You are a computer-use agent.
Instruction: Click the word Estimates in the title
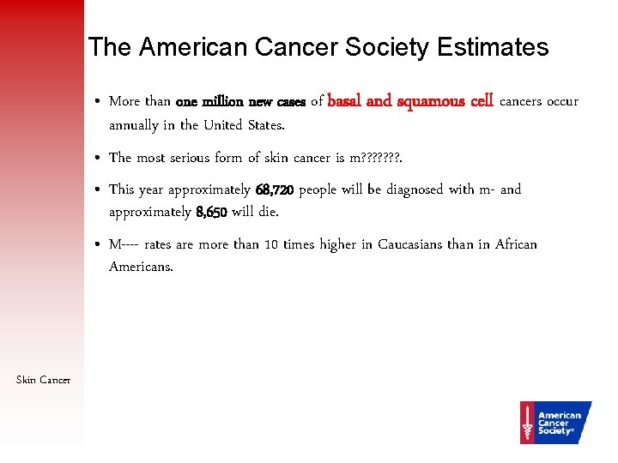[x=492, y=47]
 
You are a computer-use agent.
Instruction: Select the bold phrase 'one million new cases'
[x=240, y=102]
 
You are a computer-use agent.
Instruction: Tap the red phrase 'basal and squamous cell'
[x=410, y=101]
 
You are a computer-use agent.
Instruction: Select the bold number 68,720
[x=274, y=189]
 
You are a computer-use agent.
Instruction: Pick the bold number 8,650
[x=211, y=212]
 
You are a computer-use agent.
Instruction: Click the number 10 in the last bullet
[x=270, y=245]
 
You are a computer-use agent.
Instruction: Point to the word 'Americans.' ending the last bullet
[x=141, y=267]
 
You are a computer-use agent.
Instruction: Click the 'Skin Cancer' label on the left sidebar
[x=43, y=380]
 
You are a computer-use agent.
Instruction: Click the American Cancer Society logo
[x=555, y=422]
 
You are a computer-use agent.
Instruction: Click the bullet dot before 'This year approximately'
[x=100, y=190]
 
